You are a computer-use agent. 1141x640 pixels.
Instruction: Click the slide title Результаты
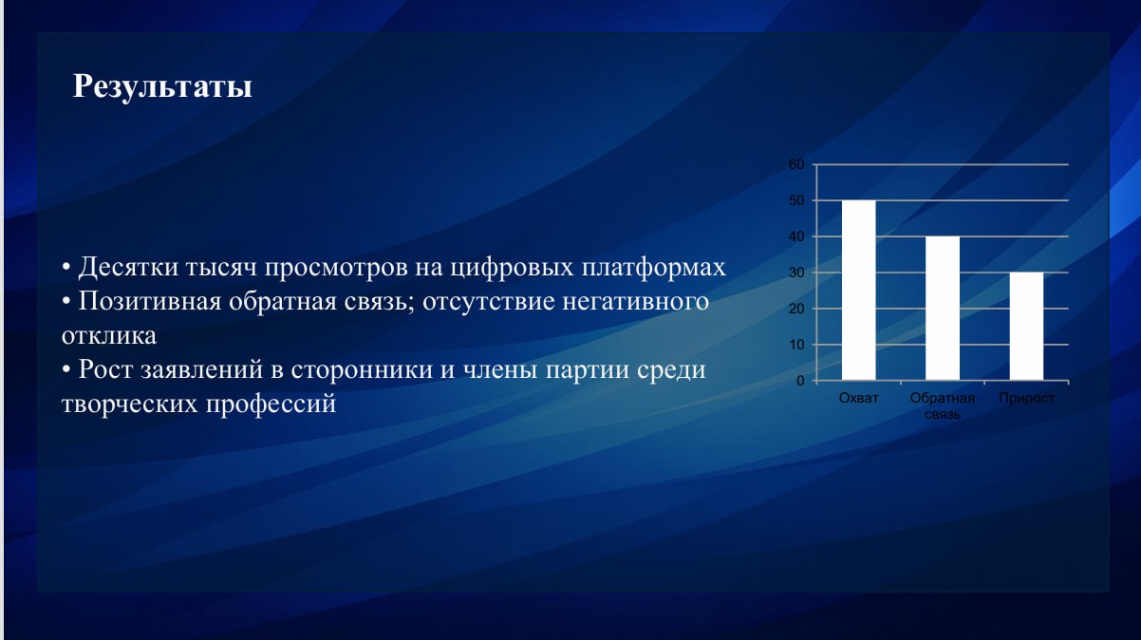tap(162, 86)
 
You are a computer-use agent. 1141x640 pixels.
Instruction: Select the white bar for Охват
tap(859, 290)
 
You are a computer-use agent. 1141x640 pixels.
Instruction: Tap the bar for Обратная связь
tap(943, 309)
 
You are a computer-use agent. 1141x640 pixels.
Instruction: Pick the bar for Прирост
tap(1026, 326)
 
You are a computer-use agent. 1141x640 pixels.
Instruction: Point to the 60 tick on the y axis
tap(796, 164)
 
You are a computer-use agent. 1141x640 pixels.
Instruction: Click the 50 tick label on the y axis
tap(796, 200)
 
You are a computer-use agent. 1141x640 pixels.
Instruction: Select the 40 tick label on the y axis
tap(796, 236)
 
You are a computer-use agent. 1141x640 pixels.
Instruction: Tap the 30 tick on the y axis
tap(796, 273)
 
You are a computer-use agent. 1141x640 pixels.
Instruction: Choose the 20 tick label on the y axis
tap(796, 309)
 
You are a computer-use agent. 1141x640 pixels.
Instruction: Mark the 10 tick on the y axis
tap(796, 345)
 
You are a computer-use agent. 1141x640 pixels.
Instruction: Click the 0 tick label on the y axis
tap(801, 381)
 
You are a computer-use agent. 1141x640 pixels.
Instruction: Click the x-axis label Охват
tap(859, 398)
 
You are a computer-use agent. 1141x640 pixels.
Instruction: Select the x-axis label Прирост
tap(1026, 398)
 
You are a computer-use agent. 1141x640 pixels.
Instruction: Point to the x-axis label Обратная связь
tap(943, 406)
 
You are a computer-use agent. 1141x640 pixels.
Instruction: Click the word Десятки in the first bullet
tap(128, 268)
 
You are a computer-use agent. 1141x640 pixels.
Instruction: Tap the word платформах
tap(653, 268)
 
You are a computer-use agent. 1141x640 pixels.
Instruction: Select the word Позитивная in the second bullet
tap(150, 301)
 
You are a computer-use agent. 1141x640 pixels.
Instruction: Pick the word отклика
tap(109, 336)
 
